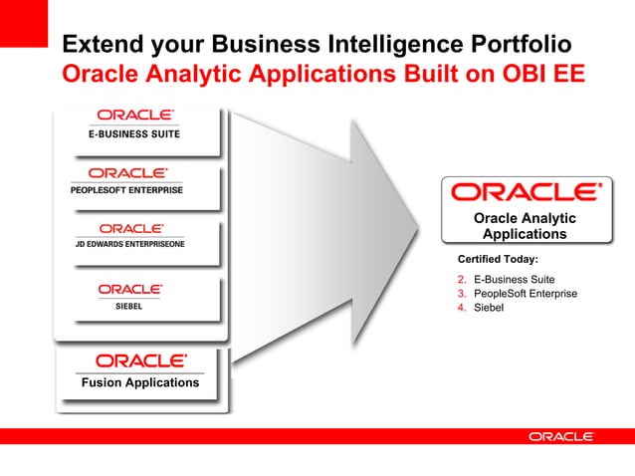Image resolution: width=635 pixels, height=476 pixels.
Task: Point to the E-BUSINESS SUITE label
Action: [136, 133]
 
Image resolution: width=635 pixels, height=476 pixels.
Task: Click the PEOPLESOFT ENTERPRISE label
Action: [126, 189]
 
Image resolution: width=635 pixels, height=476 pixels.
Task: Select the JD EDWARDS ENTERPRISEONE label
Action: [127, 245]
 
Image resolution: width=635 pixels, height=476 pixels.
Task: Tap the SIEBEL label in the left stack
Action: [129, 307]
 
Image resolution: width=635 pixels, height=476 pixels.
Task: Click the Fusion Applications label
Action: [140, 382]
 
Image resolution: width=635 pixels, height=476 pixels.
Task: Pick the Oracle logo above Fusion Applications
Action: [140, 360]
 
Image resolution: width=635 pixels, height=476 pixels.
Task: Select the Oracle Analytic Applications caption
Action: [525, 226]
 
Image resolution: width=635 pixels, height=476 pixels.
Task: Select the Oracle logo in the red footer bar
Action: [561, 436]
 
